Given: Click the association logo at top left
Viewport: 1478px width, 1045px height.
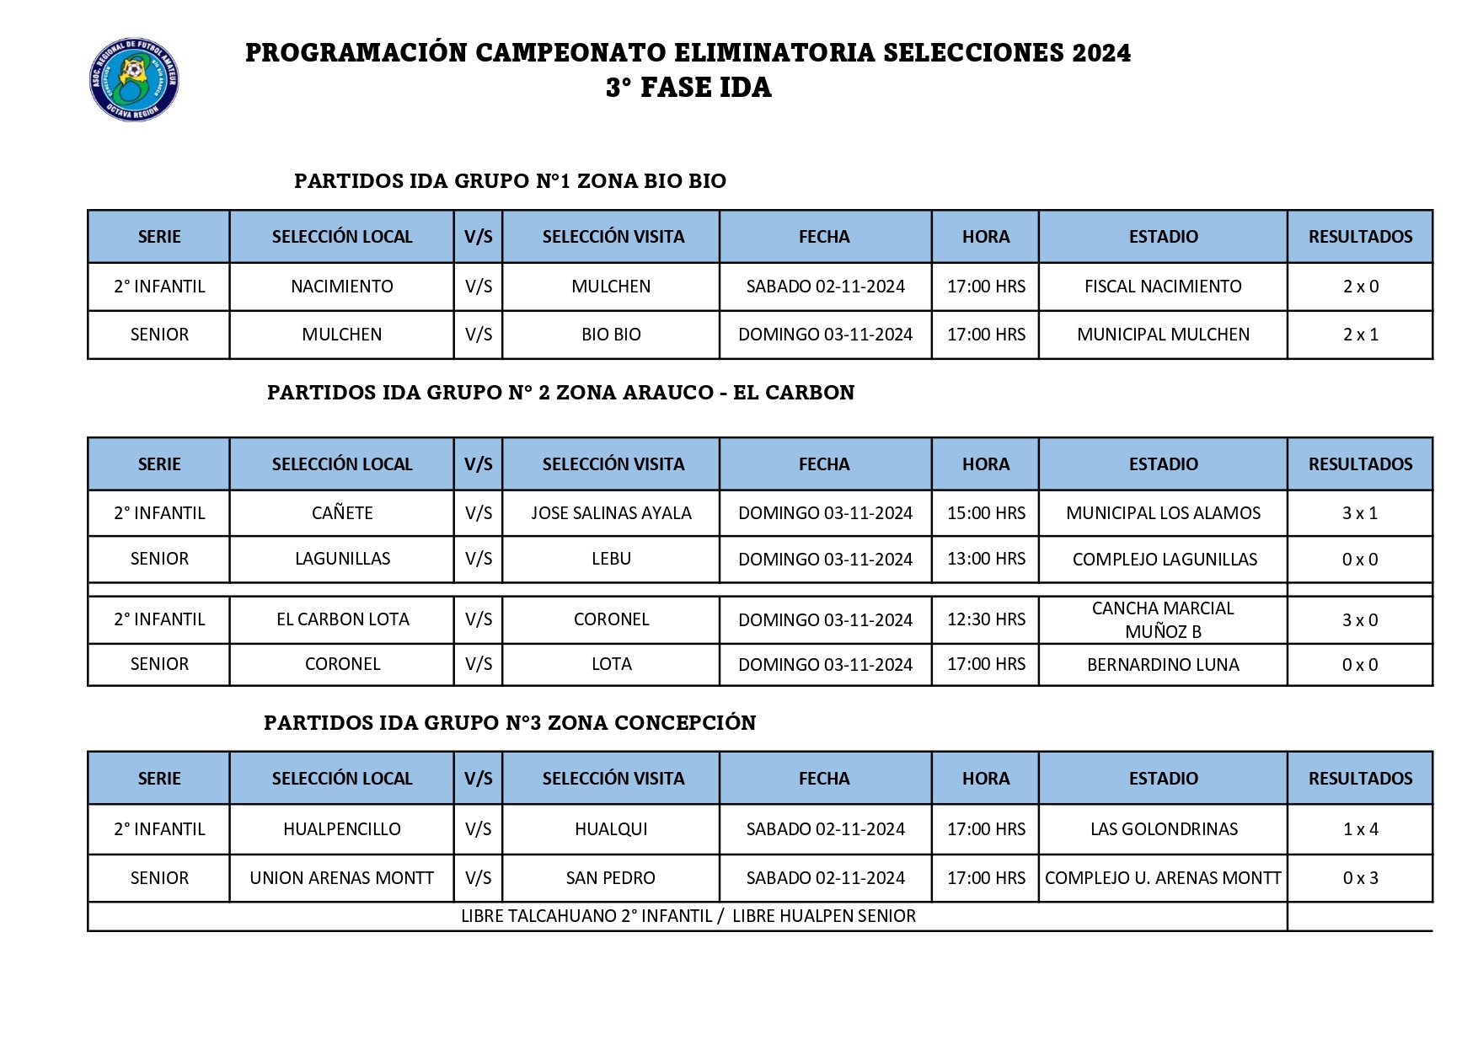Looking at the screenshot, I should pos(134,80).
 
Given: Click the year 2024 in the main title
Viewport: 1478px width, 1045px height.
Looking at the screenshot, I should pos(1101,53).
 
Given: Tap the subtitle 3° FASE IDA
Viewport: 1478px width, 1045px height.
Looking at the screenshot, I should pos(688,88).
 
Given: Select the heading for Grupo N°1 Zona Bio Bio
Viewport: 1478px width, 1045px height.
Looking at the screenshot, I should pos(510,181).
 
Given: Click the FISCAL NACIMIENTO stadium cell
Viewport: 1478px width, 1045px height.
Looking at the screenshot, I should pos(1163,287).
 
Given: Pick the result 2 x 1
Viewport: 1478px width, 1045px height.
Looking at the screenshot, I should pos(1360,335).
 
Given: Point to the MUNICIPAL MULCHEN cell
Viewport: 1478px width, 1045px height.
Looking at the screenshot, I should pos(1163,335).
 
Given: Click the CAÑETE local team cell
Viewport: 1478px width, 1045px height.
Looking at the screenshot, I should pos(342,513).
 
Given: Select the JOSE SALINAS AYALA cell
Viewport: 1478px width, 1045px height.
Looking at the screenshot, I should pos(611,513).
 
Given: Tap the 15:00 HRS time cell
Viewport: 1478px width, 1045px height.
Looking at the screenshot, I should pos(986,513).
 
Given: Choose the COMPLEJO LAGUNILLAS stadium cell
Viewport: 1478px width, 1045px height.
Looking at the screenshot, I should pos(1165,560).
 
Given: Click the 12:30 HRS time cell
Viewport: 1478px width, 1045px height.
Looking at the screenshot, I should pos(986,619).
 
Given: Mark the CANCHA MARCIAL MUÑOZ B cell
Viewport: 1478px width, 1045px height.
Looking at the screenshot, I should pos(1163,619).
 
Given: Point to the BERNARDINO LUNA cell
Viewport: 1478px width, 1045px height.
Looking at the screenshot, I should pos(1163,665).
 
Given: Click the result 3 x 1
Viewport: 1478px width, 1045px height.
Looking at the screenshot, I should pos(1360,513).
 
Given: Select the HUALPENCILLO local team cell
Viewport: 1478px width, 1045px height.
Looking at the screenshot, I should pos(342,829).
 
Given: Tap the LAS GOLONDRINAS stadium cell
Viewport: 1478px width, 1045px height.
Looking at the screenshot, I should pos(1164,829).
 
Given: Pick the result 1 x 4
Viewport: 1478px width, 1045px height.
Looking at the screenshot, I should pos(1360,829).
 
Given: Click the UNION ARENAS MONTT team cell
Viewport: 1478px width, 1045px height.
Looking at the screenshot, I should pos(342,878).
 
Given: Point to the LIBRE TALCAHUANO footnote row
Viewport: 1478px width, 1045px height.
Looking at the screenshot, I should pos(688,916).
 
